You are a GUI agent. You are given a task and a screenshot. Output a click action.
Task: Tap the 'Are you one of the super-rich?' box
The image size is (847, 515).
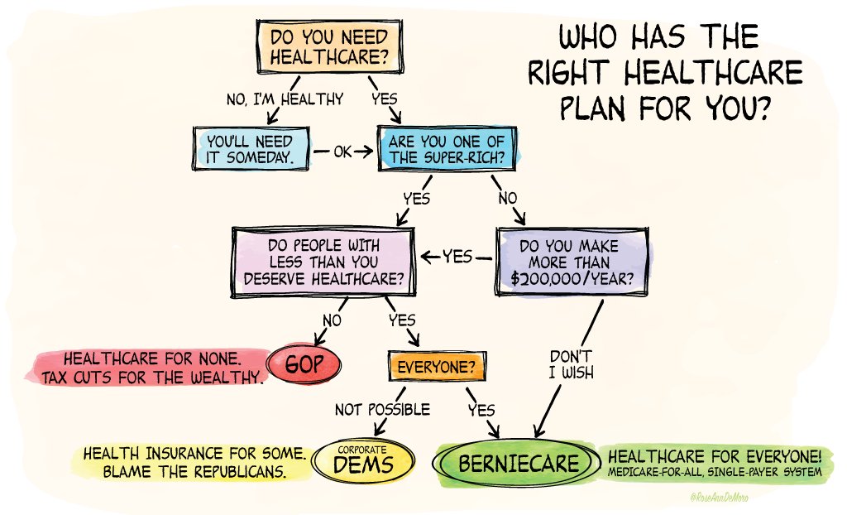click(x=447, y=149)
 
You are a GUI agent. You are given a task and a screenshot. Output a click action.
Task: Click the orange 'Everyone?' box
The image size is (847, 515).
click(x=435, y=365)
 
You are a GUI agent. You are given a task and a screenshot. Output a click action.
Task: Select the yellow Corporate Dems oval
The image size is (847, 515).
click(x=361, y=461)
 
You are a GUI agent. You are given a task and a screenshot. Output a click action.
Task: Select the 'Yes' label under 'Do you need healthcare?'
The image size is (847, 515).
click(x=385, y=99)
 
